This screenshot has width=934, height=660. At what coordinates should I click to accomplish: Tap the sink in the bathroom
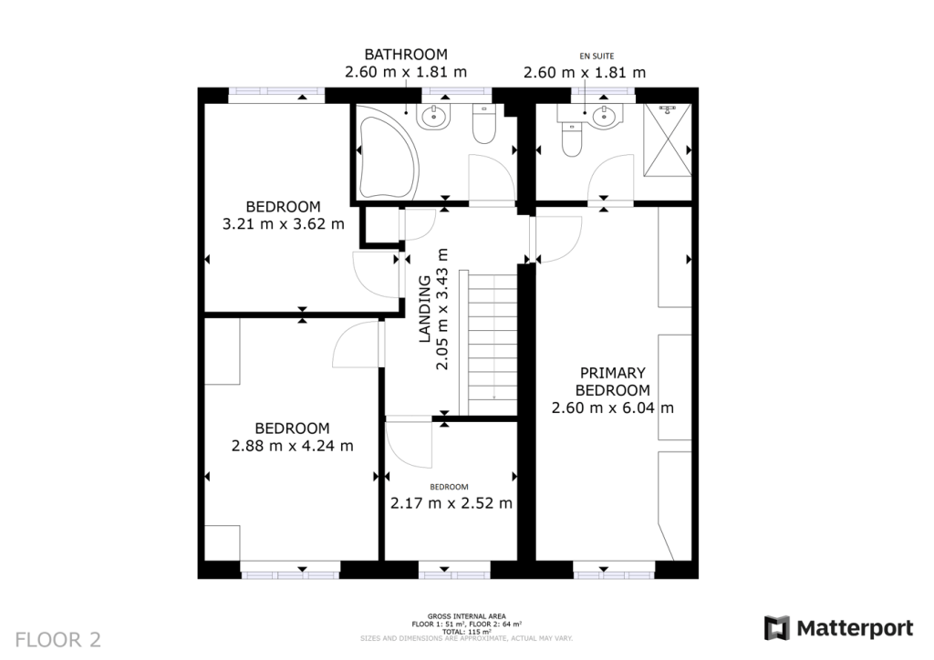(431, 116)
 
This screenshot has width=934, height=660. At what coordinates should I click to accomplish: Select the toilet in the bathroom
(483, 125)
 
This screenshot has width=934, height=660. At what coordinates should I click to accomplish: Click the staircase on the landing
(493, 342)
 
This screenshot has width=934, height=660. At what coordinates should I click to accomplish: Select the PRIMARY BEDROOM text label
(613, 381)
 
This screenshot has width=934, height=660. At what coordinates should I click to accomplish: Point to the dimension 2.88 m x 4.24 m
(292, 446)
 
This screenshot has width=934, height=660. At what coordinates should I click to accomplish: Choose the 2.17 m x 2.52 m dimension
(451, 503)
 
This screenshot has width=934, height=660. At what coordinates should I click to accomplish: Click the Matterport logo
(838, 628)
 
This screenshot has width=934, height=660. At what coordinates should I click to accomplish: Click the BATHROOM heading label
(406, 55)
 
